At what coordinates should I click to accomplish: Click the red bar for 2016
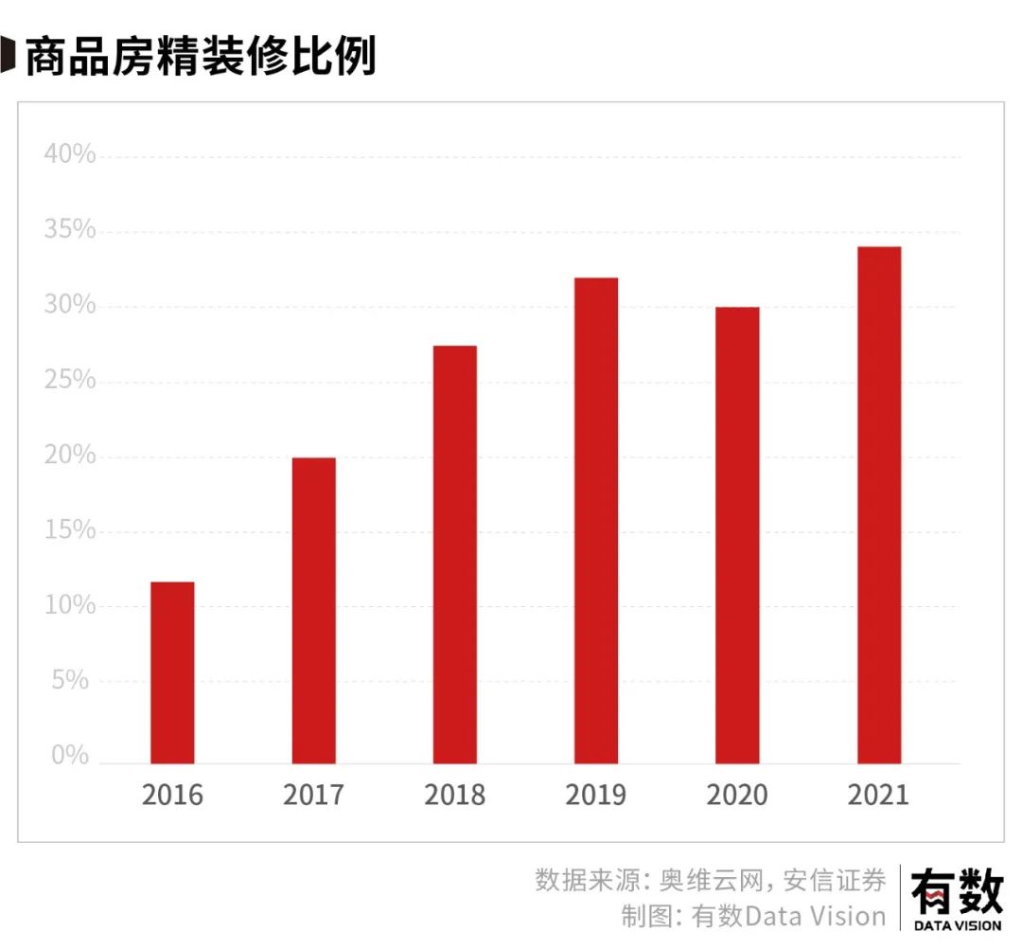click(172, 672)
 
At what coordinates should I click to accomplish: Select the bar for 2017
click(313, 611)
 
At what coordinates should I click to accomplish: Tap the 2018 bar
click(454, 555)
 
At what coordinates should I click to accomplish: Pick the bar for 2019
click(596, 521)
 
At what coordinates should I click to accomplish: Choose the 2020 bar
click(737, 535)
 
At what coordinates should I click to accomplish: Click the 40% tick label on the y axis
click(70, 155)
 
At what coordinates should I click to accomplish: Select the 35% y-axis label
click(70, 230)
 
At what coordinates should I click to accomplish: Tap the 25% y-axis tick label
click(70, 381)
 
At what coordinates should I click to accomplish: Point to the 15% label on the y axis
click(70, 530)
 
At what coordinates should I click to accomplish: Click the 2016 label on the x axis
click(172, 795)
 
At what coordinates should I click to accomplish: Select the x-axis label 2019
click(596, 795)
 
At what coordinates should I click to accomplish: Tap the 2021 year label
click(878, 795)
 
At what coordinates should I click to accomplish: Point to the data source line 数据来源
click(710, 880)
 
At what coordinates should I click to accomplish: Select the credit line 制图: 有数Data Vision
click(753, 917)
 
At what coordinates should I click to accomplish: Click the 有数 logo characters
click(956, 892)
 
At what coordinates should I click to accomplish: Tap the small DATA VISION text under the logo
click(957, 926)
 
